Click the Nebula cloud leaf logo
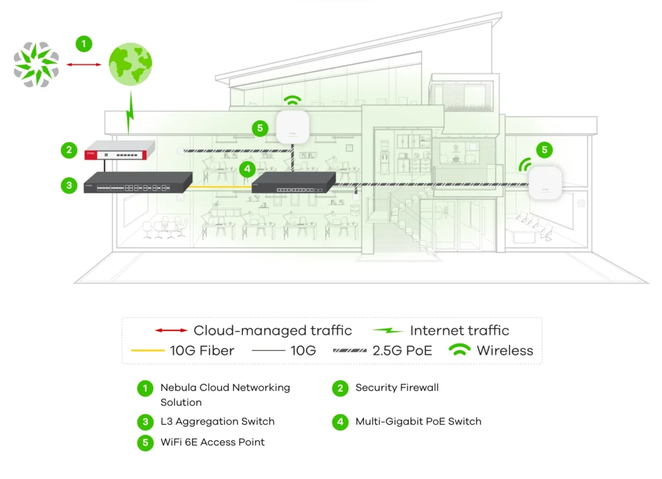click(x=36, y=65)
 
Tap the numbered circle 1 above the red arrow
click(x=83, y=44)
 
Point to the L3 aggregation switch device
click(x=138, y=182)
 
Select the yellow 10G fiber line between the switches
click(x=222, y=187)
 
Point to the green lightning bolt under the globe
click(x=130, y=114)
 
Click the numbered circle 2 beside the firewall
click(x=69, y=151)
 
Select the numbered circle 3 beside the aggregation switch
click(x=69, y=185)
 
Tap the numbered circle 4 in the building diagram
click(x=246, y=169)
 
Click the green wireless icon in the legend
click(x=460, y=350)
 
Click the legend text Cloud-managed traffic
click(x=272, y=330)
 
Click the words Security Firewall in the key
click(x=397, y=388)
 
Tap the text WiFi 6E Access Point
click(x=212, y=442)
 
